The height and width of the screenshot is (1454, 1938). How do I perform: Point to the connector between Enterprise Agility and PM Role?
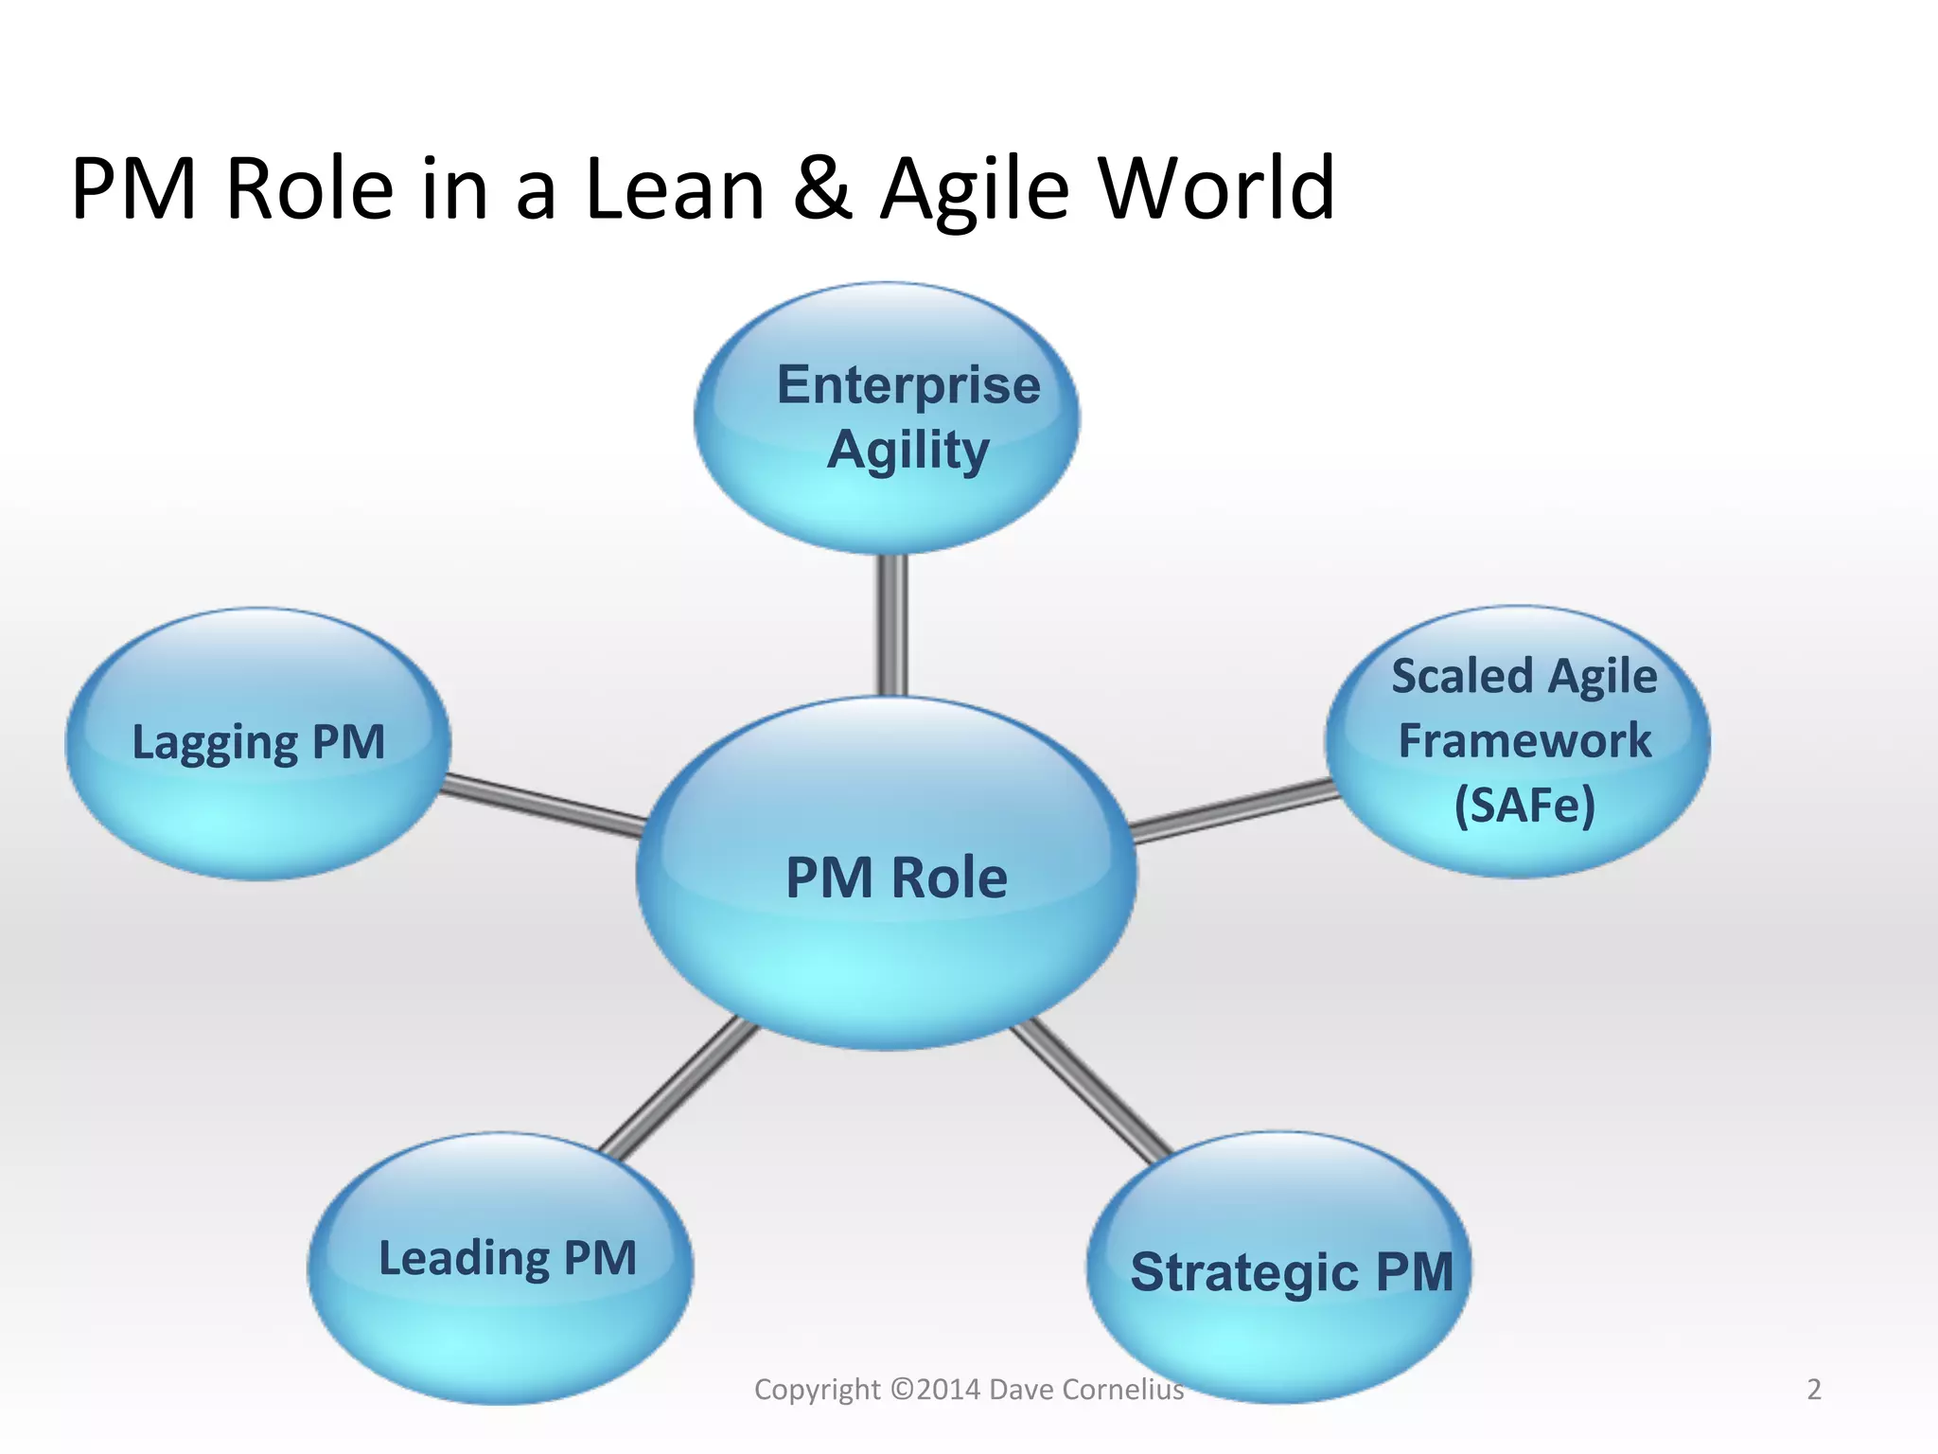(x=892, y=625)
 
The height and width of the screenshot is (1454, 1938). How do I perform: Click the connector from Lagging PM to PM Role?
(x=544, y=805)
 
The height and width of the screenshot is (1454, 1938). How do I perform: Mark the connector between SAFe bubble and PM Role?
(x=1235, y=810)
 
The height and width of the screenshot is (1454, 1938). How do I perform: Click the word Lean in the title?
(x=675, y=189)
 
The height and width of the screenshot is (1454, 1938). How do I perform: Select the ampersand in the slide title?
(x=822, y=189)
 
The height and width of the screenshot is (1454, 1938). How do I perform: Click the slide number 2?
(x=1814, y=1389)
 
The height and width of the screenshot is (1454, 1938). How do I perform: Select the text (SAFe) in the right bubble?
(x=1524, y=806)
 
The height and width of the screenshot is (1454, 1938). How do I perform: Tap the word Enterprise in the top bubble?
(x=908, y=385)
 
